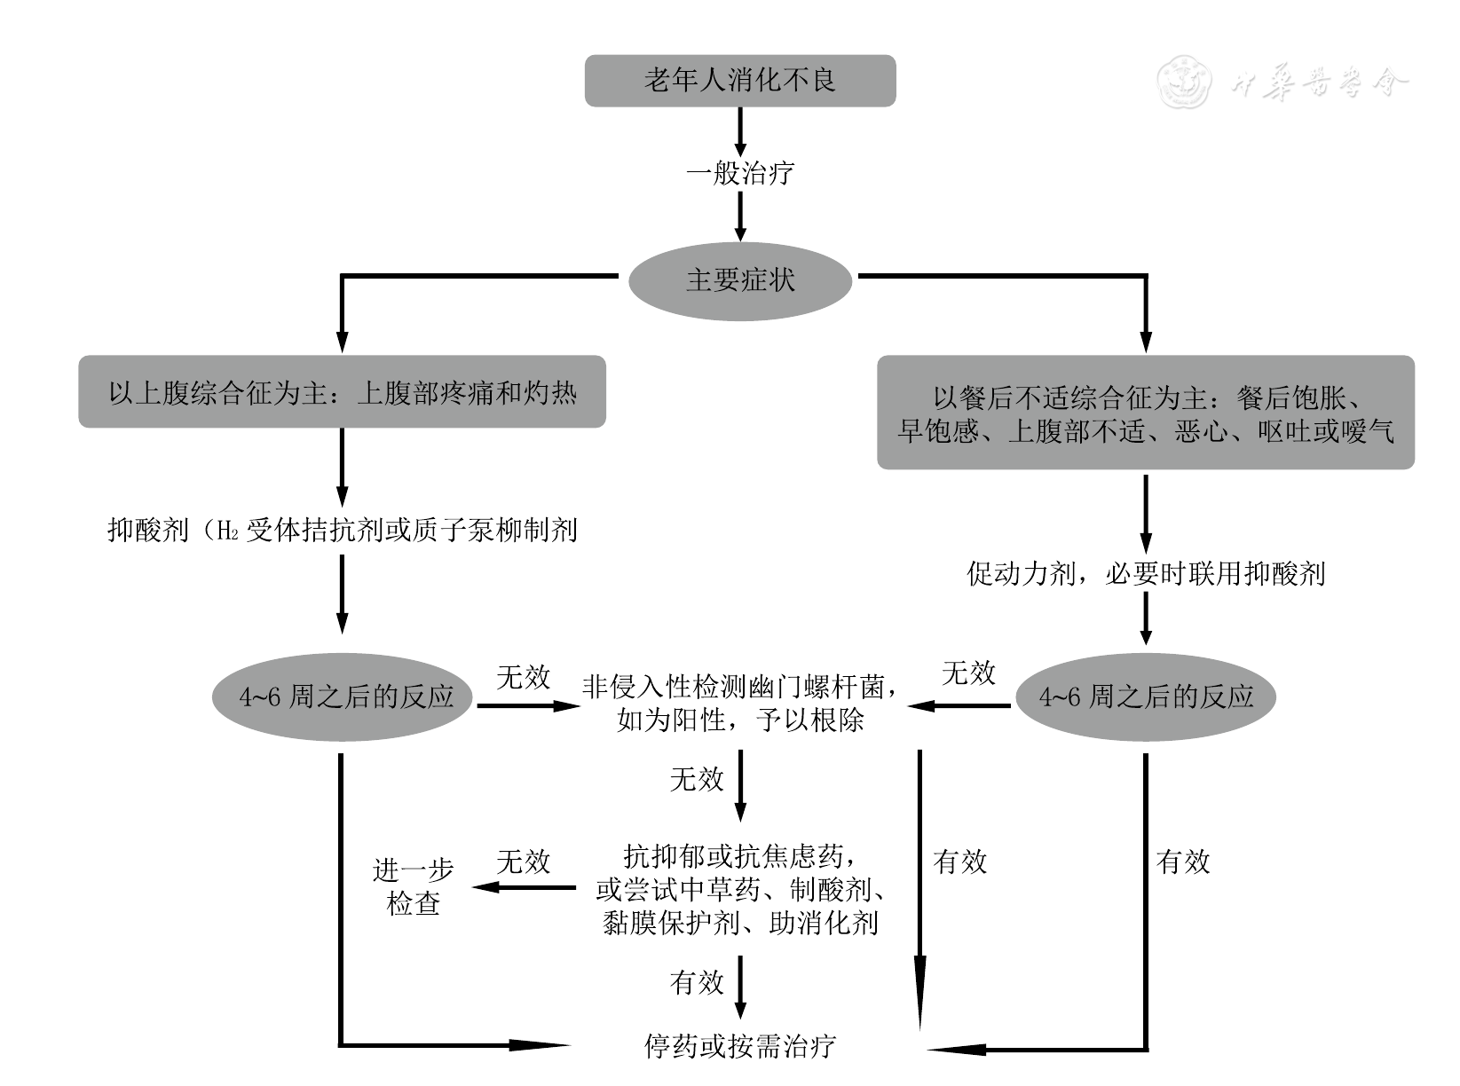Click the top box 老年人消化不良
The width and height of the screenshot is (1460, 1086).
point(739,81)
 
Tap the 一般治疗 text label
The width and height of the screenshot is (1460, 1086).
point(739,172)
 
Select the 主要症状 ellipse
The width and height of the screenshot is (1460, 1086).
point(739,280)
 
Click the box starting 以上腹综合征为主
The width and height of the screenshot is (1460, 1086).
point(342,392)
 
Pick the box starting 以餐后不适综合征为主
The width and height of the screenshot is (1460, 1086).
point(1145,413)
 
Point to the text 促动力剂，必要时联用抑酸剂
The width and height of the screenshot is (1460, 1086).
point(1145,573)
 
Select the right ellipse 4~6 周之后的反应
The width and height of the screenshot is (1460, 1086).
point(1145,696)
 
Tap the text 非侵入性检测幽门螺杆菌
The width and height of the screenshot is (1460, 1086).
point(739,687)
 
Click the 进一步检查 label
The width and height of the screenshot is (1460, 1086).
point(414,886)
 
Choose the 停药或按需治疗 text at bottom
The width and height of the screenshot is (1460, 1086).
point(739,1046)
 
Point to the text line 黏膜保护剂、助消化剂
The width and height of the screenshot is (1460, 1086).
point(739,924)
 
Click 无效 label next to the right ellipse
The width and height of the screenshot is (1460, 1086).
point(968,673)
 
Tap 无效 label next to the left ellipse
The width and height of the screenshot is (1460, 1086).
point(523,678)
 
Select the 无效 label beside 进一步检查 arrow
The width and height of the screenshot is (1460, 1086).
point(523,862)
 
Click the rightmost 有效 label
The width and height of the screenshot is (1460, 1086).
point(1183,862)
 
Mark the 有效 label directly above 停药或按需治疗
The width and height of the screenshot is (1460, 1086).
point(697,982)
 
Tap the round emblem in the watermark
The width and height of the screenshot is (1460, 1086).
point(1184,83)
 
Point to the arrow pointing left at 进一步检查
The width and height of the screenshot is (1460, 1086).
point(524,886)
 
